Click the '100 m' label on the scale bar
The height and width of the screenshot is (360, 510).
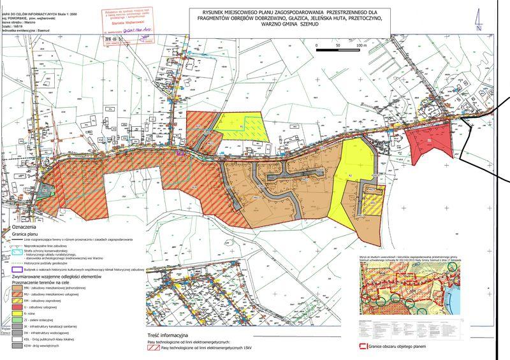click(362, 46)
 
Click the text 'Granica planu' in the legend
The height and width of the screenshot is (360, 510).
click(29, 233)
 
